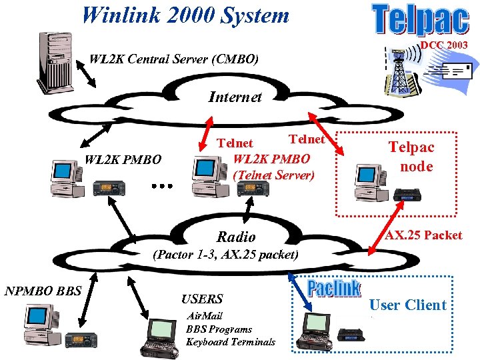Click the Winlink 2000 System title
(x=185, y=15)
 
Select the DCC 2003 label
(x=443, y=45)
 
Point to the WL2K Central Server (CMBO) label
(x=174, y=59)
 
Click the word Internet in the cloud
(x=235, y=97)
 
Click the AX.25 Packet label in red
(x=423, y=235)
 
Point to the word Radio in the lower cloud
(x=236, y=237)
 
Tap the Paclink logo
(x=333, y=289)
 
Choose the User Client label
(x=407, y=305)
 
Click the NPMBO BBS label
(x=43, y=291)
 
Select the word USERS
(x=202, y=299)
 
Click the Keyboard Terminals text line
(x=230, y=342)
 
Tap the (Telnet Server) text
(x=273, y=175)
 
